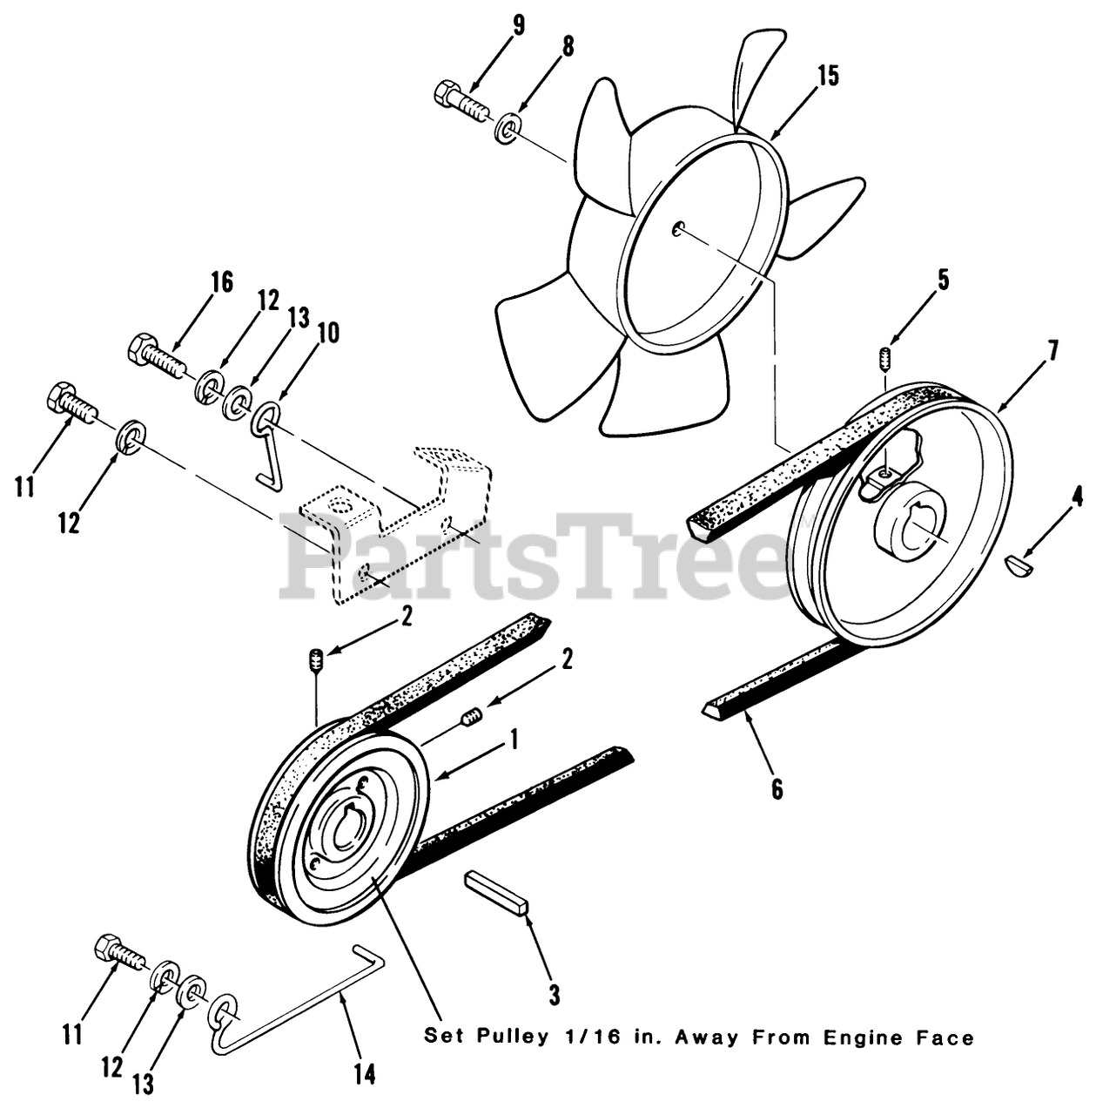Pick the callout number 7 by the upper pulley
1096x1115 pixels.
1052,352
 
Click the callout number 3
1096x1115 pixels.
554,995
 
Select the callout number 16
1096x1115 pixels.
222,282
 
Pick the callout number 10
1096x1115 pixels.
328,334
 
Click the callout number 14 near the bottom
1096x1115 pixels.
365,1074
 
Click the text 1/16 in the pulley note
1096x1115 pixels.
585,1037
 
